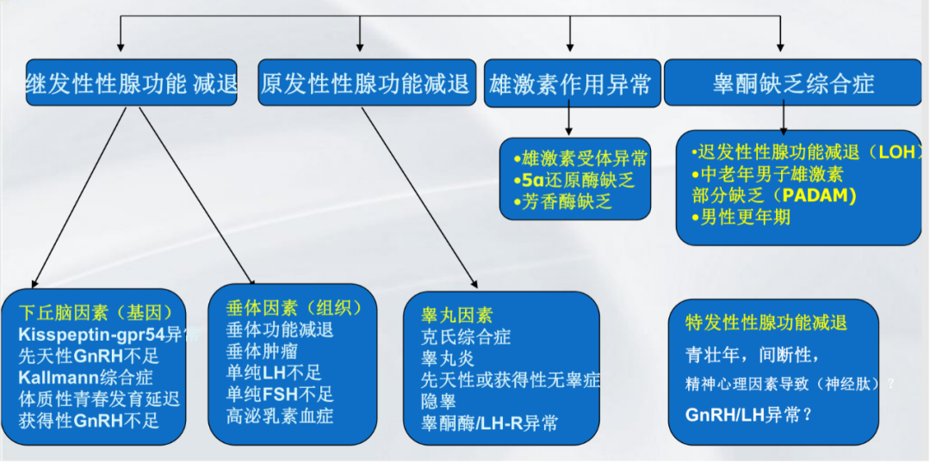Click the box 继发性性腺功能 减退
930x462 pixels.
tap(131, 83)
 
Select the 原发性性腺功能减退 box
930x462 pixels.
tap(366, 83)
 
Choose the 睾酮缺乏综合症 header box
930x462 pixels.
tap(792, 83)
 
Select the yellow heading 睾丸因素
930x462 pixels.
tap(456, 316)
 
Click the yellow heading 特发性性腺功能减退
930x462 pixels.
tap(766, 323)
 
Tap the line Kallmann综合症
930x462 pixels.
tap(85, 378)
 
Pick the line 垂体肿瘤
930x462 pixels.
tap(262, 351)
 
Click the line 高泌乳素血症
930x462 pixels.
tap(280, 416)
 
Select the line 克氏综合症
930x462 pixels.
tap(465, 337)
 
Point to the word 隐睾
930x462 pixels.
tap(438, 402)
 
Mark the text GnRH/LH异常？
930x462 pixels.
tap(749, 414)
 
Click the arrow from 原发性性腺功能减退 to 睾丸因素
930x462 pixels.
tap(418, 194)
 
